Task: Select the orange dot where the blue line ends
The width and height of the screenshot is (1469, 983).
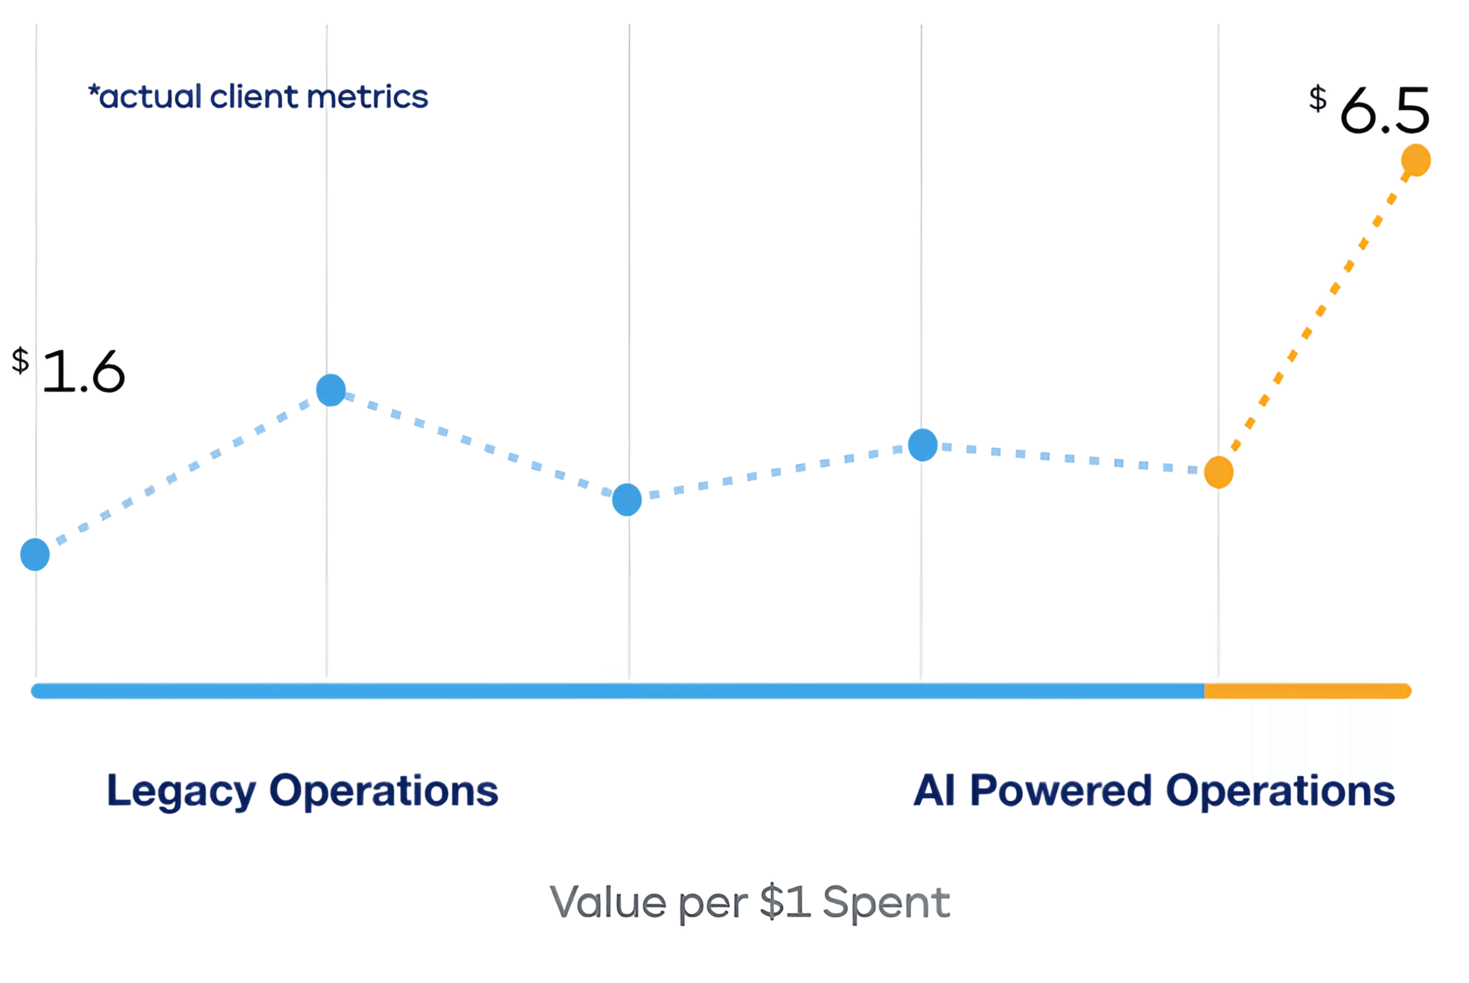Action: click(x=1218, y=472)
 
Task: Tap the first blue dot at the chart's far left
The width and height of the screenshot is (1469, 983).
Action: click(x=35, y=554)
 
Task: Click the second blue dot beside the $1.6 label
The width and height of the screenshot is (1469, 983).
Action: click(x=331, y=390)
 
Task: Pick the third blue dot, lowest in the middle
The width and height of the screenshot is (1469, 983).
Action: click(x=627, y=500)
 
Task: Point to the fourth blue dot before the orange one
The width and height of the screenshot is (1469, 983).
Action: click(x=923, y=445)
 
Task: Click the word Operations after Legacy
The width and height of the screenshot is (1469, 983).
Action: click(x=383, y=791)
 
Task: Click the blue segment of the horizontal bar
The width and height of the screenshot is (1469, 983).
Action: click(x=618, y=691)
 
